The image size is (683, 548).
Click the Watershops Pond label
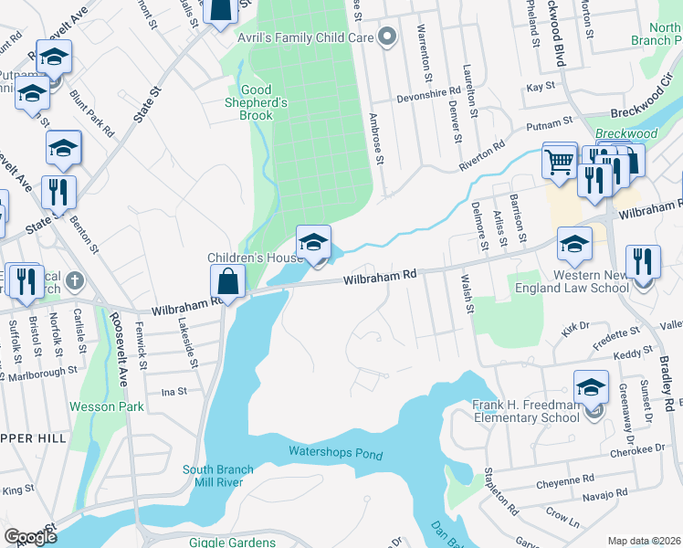point(335,452)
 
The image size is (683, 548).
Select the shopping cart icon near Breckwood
point(559,162)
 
